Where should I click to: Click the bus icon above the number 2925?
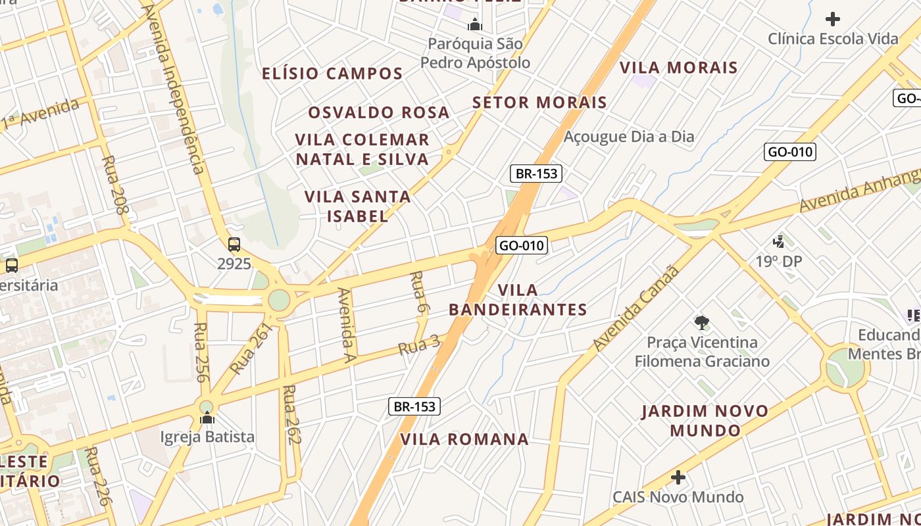pos(234,245)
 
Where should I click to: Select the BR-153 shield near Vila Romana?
pos(414,406)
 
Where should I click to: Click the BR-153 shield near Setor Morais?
pos(535,174)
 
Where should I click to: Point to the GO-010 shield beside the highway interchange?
pos(522,246)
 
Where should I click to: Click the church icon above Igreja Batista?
pos(207,418)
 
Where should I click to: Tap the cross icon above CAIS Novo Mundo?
pos(678,477)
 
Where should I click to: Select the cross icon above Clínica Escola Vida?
pos(833,18)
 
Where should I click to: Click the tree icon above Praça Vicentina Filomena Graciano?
pos(702,322)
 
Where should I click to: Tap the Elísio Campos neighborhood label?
pos(332,74)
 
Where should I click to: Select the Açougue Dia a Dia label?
pos(629,137)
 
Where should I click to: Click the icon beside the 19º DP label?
pos(779,241)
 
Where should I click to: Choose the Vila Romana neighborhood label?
pos(464,439)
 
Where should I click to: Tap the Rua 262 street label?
pos(291,415)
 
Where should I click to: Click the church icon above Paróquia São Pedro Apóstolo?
pos(474,26)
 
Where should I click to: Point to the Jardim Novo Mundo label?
pos(705,421)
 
